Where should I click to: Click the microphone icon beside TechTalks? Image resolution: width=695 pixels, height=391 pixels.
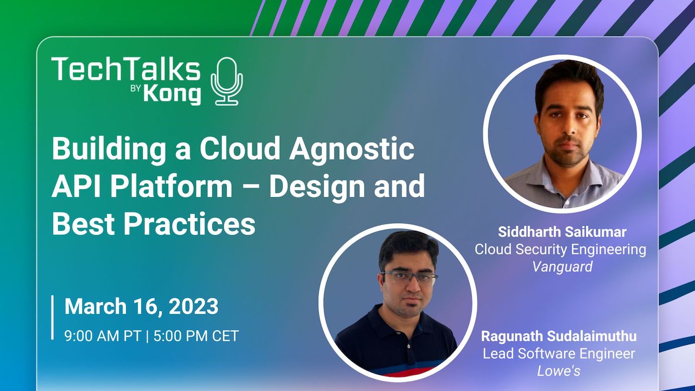coord(227,81)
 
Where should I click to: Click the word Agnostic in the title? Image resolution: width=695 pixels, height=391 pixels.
coord(351,149)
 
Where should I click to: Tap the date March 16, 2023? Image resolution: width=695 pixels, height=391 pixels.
coord(141,307)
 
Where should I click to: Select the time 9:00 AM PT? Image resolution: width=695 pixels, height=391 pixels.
coord(103,336)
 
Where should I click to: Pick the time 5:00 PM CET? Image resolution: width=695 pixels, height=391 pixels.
coord(196,336)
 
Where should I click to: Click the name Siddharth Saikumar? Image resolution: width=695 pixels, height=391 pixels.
coord(562,232)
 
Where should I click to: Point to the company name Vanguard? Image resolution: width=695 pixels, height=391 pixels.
coord(562,266)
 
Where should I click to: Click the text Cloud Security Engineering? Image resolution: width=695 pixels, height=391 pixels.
coord(560,249)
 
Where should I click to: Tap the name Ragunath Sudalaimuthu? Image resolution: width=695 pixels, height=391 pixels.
coord(559,336)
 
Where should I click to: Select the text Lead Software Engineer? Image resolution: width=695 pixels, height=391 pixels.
coord(559,354)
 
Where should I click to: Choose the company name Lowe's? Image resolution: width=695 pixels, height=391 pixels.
coord(559,371)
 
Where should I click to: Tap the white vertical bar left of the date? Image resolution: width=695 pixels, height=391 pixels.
coord(53,317)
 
